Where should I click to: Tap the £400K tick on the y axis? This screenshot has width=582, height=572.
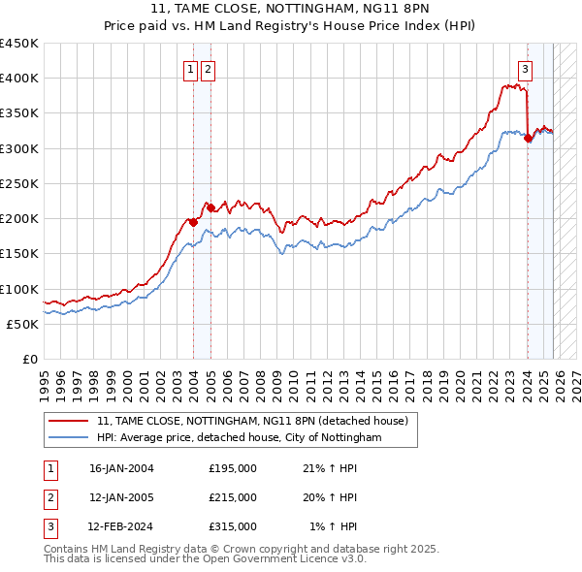pos(18,79)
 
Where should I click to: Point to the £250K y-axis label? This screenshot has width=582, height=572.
pos(18,183)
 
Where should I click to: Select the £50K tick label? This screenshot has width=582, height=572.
pos(22,324)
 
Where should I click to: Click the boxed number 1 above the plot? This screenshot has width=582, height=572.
pos(191,69)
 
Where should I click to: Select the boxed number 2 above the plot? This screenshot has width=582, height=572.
pos(209,69)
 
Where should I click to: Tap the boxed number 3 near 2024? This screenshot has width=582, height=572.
pos(525,69)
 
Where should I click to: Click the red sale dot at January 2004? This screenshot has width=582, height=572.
pos(193,222)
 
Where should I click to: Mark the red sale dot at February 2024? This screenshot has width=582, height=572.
pos(528,139)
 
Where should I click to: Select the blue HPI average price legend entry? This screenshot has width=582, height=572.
pos(240,438)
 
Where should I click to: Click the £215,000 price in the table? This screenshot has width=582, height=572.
pos(233,497)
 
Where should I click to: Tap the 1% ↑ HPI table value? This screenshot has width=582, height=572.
pos(334,526)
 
